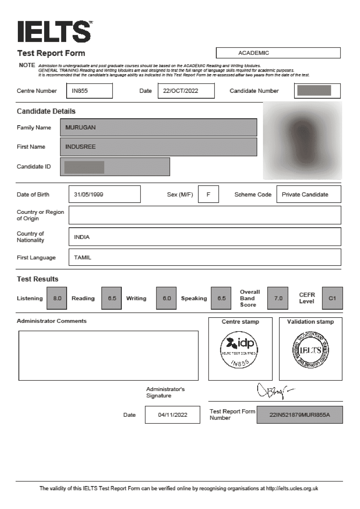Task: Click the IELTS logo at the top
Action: coord(55,31)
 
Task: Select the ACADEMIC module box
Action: coord(278,53)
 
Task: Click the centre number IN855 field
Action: coord(89,91)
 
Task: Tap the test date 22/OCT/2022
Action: coord(186,91)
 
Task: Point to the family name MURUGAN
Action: coord(80,127)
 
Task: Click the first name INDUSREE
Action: coord(80,147)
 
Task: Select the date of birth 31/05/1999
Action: coord(104,194)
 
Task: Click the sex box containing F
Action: coord(208,194)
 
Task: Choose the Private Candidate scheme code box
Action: coord(308,194)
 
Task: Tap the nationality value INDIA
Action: coord(82,237)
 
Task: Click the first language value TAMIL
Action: coord(83,257)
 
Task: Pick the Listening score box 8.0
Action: coord(57,298)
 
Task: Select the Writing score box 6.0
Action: coord(167,298)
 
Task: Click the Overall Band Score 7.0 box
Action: coord(278,298)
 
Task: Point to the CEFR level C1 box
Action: coord(332,298)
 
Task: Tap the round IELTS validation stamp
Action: coord(310,350)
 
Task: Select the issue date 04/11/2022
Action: coord(173,415)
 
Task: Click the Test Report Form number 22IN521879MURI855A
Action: coord(300,415)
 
